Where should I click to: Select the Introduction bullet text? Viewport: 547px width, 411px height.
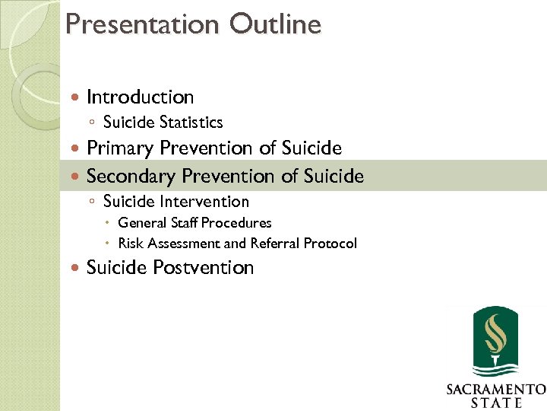tap(140, 97)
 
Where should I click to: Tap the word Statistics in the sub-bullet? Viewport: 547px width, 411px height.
tap(191, 122)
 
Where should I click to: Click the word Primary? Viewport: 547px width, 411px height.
tap(119, 148)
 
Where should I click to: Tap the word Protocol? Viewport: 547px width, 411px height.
tap(330, 244)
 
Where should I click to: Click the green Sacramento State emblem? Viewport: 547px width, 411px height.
tap(495, 342)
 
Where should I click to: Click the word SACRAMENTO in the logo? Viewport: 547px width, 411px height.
tap(495, 390)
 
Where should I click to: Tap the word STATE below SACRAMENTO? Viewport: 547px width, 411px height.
tap(495, 403)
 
